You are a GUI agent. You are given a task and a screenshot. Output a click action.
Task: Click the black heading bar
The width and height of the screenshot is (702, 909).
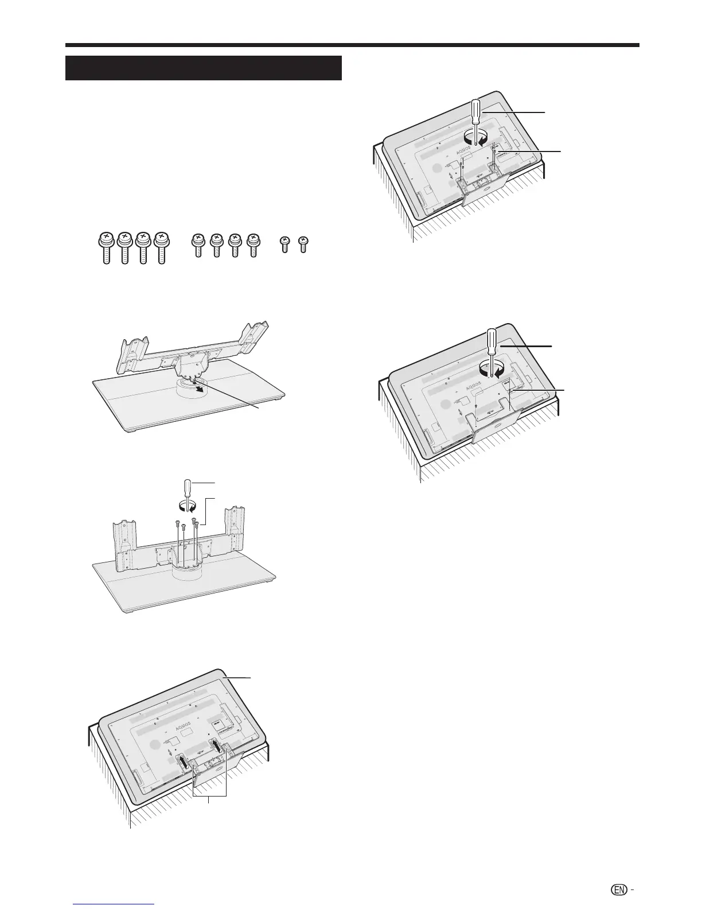[204, 68]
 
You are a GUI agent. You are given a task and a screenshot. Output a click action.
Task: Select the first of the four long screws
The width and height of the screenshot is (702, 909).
[106, 247]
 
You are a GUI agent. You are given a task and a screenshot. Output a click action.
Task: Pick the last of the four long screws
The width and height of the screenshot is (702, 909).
[161, 247]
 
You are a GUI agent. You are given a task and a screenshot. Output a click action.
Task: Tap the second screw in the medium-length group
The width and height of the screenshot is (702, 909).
[216, 246]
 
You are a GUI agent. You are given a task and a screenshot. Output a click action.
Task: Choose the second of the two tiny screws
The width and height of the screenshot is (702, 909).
[304, 246]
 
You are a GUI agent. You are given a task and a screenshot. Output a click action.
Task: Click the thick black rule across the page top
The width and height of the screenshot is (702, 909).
[352, 45]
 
